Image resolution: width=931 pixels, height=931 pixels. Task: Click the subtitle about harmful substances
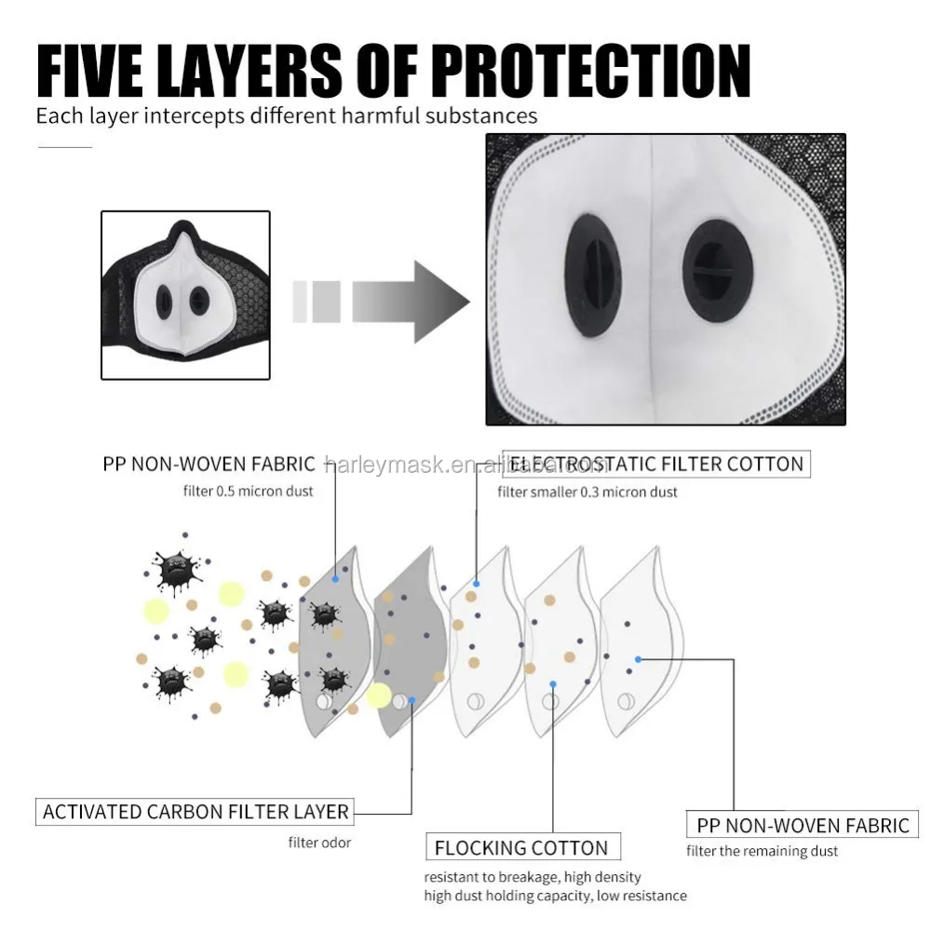(x=287, y=116)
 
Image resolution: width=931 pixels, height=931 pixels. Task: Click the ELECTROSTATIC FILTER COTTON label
(x=655, y=464)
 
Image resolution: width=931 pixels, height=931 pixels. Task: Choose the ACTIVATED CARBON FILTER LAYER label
(x=196, y=812)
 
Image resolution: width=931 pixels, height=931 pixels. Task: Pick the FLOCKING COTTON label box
(x=521, y=848)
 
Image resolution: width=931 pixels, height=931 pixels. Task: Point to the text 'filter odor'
(x=319, y=844)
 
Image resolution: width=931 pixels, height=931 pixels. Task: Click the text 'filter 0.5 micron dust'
(x=249, y=491)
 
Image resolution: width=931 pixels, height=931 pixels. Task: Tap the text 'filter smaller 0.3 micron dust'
(x=587, y=492)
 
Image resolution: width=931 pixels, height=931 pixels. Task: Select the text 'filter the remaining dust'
(x=762, y=851)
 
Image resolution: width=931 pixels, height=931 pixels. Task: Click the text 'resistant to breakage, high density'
(x=533, y=877)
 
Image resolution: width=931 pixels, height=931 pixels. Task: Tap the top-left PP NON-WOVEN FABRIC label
(x=209, y=464)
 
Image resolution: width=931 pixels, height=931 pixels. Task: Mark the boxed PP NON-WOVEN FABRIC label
(x=803, y=825)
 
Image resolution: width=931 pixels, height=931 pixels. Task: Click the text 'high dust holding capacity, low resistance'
(x=555, y=896)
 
